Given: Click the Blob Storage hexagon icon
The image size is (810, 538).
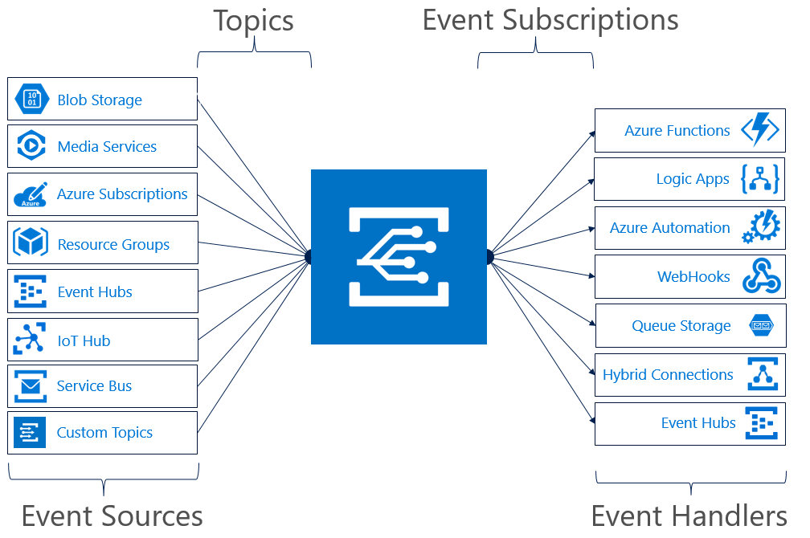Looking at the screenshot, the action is pyautogui.click(x=32, y=99).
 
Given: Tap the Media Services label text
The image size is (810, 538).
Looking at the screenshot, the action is pyautogui.click(x=107, y=147).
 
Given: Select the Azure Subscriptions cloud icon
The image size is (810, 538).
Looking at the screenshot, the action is pyautogui.click(x=31, y=194).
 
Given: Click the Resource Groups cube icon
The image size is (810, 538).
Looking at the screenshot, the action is pyautogui.click(x=31, y=242).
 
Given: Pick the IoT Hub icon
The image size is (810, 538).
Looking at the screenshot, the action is pyautogui.click(x=30, y=339).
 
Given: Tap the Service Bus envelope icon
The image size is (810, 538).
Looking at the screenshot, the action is pyautogui.click(x=31, y=385).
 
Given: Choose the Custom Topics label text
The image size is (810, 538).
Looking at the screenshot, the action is pyautogui.click(x=104, y=433).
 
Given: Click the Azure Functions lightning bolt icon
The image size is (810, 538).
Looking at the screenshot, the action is pyautogui.click(x=760, y=129).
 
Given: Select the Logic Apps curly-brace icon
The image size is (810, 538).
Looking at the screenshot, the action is pyautogui.click(x=760, y=178).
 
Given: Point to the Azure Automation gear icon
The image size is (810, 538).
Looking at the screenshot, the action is pyautogui.click(x=761, y=226).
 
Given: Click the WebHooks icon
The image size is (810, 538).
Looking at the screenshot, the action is pyautogui.click(x=762, y=276).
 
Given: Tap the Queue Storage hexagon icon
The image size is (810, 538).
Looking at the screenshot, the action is pyautogui.click(x=762, y=325).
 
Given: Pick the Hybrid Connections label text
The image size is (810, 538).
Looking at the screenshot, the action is pyautogui.click(x=668, y=375).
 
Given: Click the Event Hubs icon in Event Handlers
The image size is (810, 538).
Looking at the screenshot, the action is pyautogui.click(x=762, y=423).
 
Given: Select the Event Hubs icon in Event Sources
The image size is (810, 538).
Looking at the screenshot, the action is pyautogui.click(x=30, y=291).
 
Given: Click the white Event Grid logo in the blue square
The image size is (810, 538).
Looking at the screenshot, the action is pyautogui.click(x=399, y=257).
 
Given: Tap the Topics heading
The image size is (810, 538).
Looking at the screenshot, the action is pyautogui.click(x=254, y=22).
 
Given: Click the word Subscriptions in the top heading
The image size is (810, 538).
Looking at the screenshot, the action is pyautogui.click(x=590, y=22).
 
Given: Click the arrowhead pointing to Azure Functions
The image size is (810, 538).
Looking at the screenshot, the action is pyautogui.click(x=592, y=134).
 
